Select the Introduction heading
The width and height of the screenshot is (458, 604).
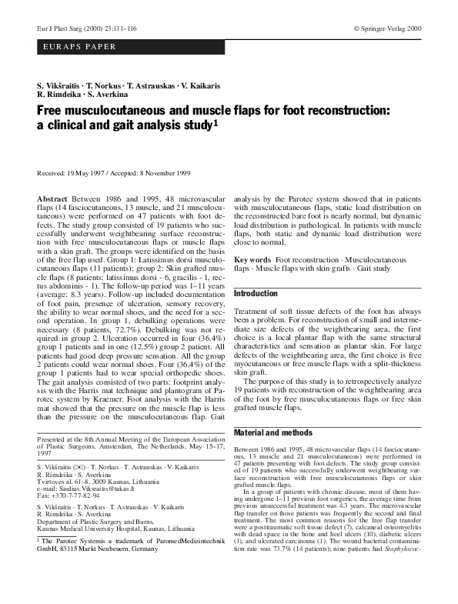point(255,294)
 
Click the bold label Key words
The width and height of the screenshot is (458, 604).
point(252,261)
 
